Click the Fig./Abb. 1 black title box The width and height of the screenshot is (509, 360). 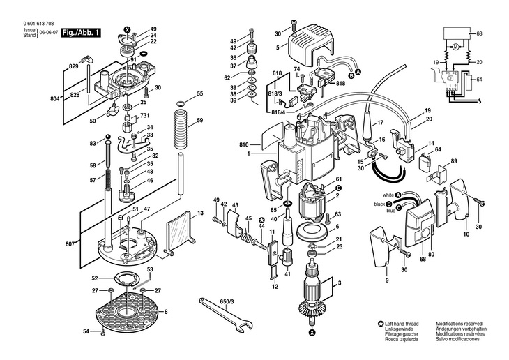pyautogui.click(x=81, y=33)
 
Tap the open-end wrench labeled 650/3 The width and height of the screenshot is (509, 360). pyautogui.click(x=226, y=315)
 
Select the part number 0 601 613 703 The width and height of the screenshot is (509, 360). pyautogui.click(x=38, y=24)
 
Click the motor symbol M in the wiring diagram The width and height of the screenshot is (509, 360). pyautogui.click(x=455, y=47)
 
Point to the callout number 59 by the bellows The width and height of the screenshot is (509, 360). pyautogui.click(x=199, y=120)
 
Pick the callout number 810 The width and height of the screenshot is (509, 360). pyautogui.click(x=244, y=145)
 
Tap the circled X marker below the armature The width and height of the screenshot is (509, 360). pyautogui.click(x=312, y=332)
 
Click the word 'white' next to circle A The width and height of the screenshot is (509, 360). pyautogui.click(x=388, y=195)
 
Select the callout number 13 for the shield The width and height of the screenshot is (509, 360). pyautogui.click(x=200, y=213)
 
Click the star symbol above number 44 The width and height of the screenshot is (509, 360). pyautogui.click(x=261, y=220)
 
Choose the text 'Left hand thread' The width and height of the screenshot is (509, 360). pyautogui.click(x=402, y=324)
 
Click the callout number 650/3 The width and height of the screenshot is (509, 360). pyautogui.click(x=227, y=301)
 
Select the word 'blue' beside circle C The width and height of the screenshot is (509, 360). pyautogui.click(x=391, y=211)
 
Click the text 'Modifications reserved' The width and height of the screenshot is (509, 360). pyautogui.click(x=459, y=324)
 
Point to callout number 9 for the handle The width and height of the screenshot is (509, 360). pyautogui.click(x=387, y=280)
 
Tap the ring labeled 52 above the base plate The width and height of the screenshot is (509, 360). pyautogui.click(x=127, y=279)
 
